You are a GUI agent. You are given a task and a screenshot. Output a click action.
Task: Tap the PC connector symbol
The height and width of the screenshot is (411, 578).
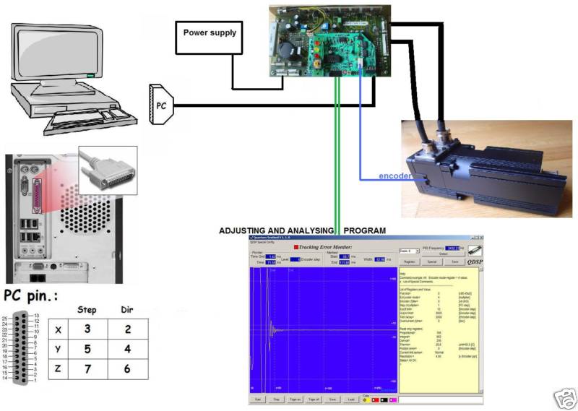[x=160, y=105]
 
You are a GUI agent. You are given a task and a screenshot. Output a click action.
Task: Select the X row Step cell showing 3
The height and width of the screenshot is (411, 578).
[x=87, y=329]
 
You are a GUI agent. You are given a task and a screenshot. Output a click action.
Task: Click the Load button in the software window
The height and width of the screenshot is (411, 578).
[x=351, y=399]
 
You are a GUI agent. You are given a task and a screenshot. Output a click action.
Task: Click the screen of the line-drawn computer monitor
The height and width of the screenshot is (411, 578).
[x=46, y=59]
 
